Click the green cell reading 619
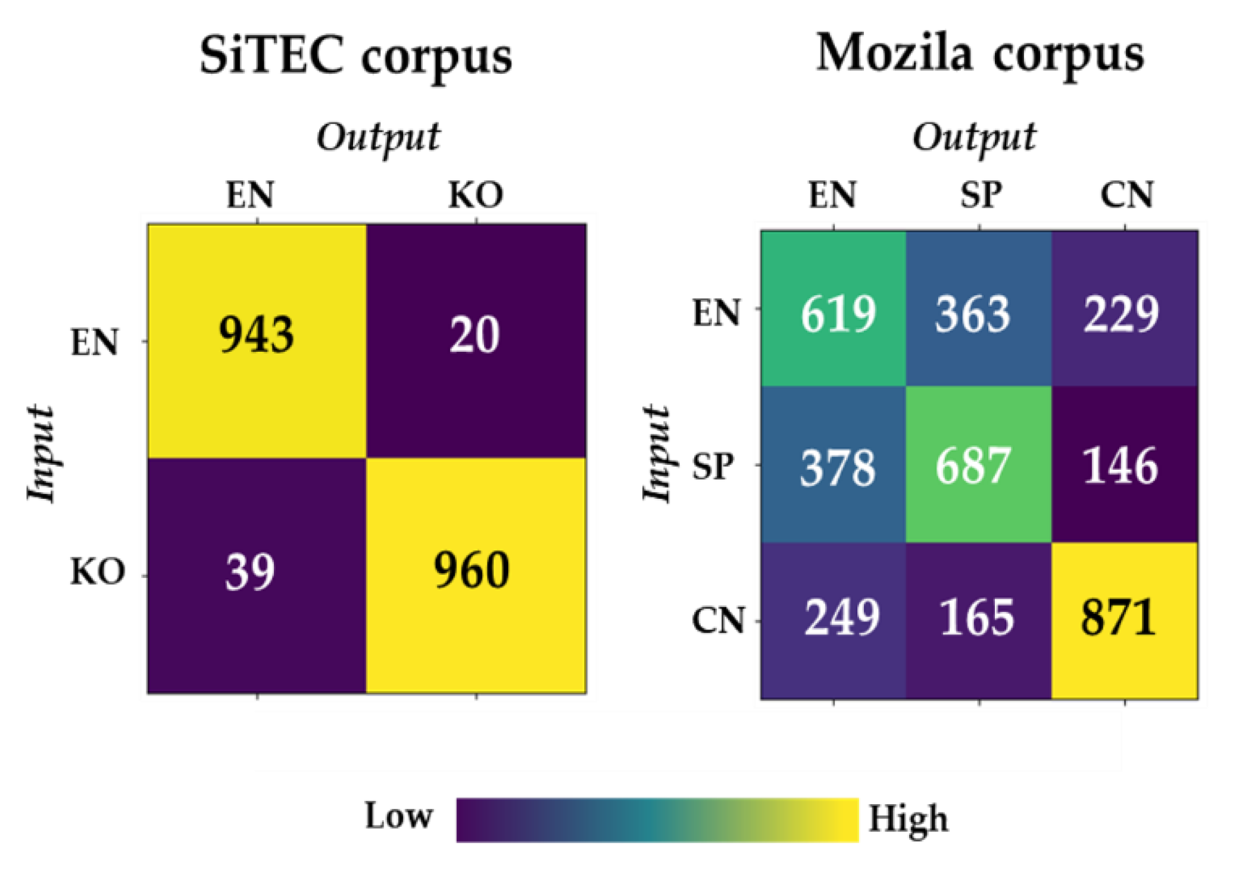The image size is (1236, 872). click(x=838, y=314)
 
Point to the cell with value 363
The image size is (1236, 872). click(x=972, y=314)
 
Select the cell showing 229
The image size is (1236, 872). click(x=1120, y=314)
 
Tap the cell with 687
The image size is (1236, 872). click(x=972, y=466)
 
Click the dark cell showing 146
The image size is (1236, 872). click(x=1120, y=466)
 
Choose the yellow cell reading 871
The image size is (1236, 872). click(x=1119, y=619)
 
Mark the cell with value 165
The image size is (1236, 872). click(x=976, y=619)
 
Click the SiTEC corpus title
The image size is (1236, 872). click(x=355, y=55)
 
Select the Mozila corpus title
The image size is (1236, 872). click(x=979, y=54)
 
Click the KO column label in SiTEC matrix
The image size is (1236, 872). click(x=476, y=195)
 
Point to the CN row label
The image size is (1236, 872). click(x=718, y=621)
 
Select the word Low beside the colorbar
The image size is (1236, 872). click(x=398, y=817)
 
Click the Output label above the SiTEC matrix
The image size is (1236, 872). click(x=379, y=138)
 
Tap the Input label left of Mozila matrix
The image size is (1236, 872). click(x=657, y=454)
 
